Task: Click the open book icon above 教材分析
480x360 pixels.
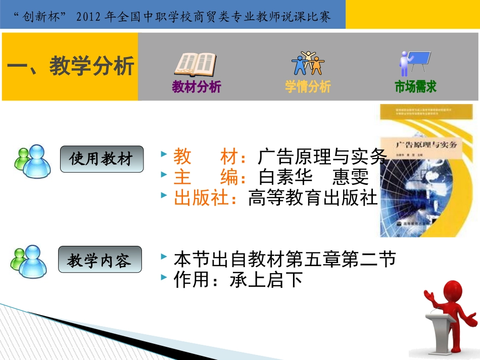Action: (196, 65)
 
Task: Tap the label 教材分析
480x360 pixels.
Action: (197, 87)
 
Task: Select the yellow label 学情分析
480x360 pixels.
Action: (308, 87)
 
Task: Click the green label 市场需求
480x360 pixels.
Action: (415, 87)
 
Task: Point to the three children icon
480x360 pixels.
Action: (308, 63)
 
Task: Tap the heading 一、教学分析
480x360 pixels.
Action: (70, 66)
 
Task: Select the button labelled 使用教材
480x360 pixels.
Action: (102, 159)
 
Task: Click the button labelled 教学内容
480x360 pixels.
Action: (100, 260)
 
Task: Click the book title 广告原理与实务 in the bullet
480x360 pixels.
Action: (322, 157)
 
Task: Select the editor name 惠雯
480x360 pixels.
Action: (350, 177)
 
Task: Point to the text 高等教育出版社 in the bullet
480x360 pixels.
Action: (313, 198)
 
